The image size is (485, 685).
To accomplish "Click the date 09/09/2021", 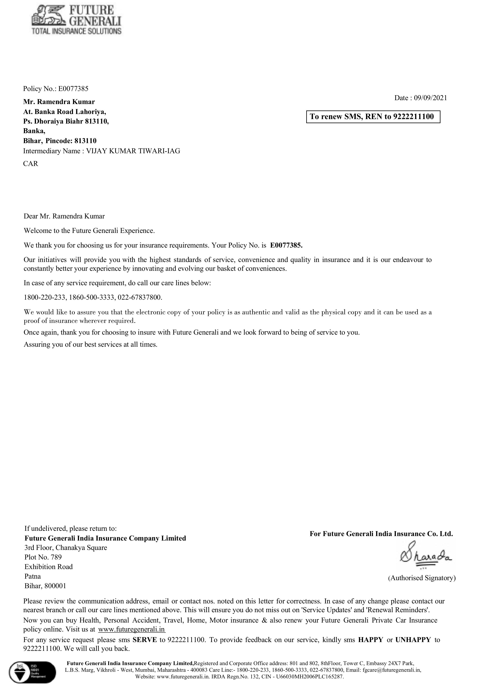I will point(430,98).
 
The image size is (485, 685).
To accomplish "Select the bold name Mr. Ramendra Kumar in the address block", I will point(59,102).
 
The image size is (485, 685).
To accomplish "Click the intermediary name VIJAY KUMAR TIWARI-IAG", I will point(133,151).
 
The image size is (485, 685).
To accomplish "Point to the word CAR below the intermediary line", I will point(31,164).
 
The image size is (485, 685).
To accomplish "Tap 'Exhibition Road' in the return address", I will point(48,567).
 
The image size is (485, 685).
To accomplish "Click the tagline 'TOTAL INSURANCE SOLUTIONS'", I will point(76,31).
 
